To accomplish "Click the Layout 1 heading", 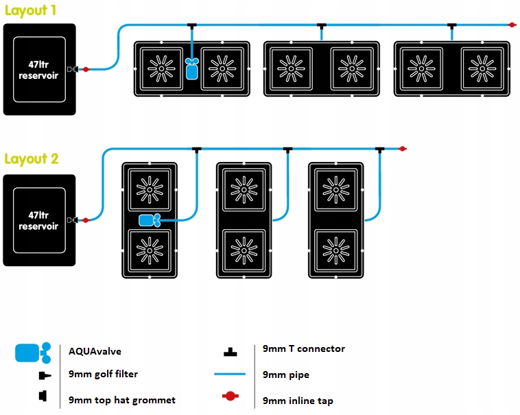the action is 30,10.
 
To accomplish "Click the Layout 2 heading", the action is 31,158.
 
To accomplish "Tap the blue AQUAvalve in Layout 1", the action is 192,69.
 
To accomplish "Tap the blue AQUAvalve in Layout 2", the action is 150,220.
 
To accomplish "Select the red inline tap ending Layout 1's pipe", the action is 512,25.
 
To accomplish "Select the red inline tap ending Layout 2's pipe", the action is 402,149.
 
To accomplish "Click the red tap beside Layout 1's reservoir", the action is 86,69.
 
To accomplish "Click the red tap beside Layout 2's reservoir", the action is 86,220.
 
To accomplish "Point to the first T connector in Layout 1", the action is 192,26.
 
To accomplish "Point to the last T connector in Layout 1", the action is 451,26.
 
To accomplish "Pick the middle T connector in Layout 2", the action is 287,150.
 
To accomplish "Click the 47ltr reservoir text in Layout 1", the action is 38,70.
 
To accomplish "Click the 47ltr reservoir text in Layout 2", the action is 38,221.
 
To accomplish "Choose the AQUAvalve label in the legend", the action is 95,351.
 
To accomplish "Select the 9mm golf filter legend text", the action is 103,375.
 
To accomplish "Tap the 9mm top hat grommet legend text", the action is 121,400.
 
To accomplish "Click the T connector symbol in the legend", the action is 230,352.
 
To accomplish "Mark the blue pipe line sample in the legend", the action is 230,374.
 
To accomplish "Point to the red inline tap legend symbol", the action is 230,396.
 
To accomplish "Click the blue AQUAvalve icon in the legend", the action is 33,353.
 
